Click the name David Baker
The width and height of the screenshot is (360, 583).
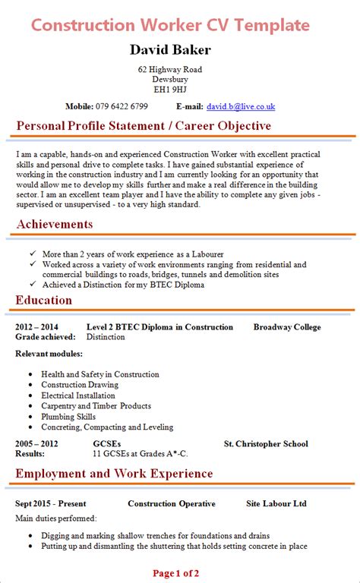pyautogui.click(x=170, y=50)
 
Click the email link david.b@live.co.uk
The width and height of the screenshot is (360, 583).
pyautogui.click(x=240, y=107)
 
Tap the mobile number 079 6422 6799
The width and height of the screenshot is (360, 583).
pyautogui.click(x=122, y=107)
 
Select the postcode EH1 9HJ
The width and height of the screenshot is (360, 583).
pyautogui.click(x=170, y=89)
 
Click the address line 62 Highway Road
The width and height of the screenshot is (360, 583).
pyautogui.click(x=170, y=69)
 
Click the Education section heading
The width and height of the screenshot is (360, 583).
pyautogui.click(x=44, y=300)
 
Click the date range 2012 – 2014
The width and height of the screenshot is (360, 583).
pyautogui.click(x=36, y=327)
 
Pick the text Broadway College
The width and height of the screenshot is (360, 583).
pyautogui.click(x=287, y=327)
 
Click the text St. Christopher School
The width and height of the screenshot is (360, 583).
pyautogui.click(x=266, y=444)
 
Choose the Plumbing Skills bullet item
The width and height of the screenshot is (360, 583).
pyautogui.click(x=68, y=417)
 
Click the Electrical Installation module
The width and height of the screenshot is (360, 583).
pyautogui.click(x=78, y=395)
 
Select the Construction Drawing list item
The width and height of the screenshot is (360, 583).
pyautogui.click(x=79, y=385)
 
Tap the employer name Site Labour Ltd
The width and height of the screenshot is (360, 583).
pyautogui.click(x=276, y=503)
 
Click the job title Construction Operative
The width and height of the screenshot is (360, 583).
pyautogui.click(x=172, y=503)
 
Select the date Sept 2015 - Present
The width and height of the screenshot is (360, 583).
pyautogui.click(x=51, y=503)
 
